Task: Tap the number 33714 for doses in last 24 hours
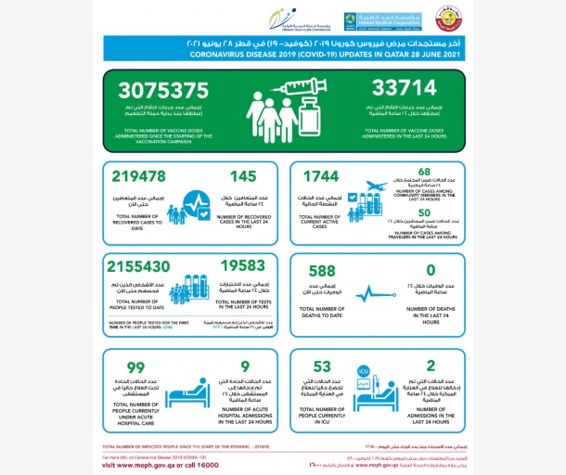point(398,92)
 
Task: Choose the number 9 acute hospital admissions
point(244,366)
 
